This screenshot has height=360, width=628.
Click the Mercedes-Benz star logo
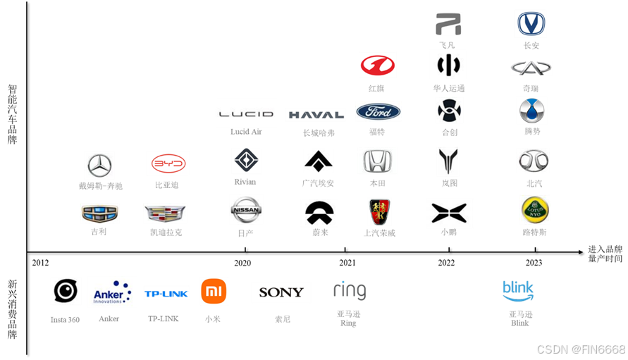99,166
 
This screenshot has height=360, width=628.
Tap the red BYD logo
167,163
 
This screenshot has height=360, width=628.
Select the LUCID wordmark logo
246,113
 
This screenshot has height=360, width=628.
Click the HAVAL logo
315,115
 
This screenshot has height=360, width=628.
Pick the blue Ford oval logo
378,111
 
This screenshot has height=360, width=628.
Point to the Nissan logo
246,210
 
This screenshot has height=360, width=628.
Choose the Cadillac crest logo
165,213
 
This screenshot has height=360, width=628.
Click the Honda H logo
377,161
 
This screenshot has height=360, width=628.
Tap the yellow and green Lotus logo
534,210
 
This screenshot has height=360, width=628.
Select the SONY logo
281,292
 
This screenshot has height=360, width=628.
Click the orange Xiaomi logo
214,291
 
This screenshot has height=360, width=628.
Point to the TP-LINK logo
166,293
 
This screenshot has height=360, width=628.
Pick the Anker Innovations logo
112,292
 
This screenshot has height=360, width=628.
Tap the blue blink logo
518,290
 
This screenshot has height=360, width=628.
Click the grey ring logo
350,290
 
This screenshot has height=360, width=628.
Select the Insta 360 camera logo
66,291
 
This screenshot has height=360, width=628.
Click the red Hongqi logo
378,65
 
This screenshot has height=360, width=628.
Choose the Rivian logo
246,161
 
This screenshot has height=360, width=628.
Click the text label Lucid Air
246,132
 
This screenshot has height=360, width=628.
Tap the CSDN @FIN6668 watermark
580,349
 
